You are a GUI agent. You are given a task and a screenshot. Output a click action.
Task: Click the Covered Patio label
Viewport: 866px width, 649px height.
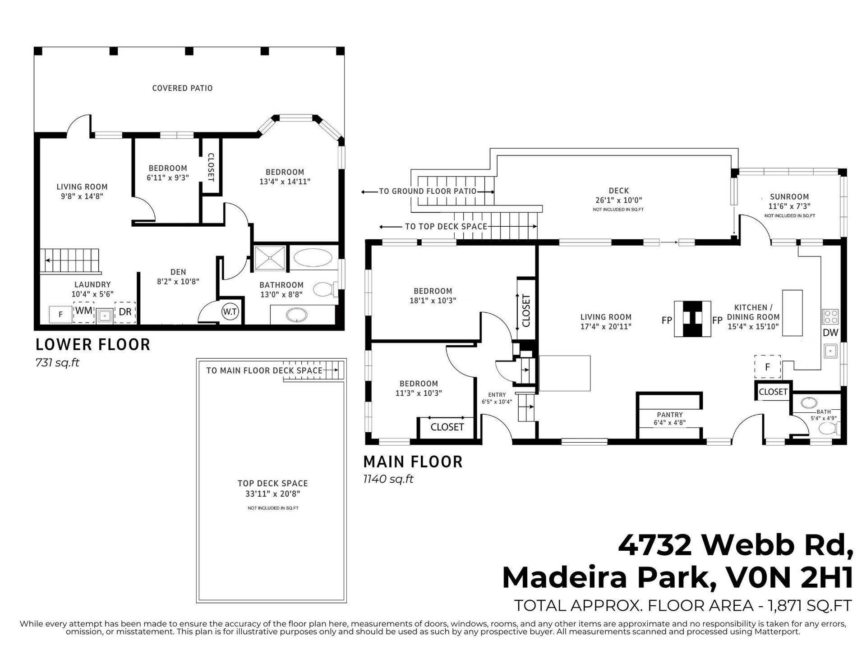click(182, 88)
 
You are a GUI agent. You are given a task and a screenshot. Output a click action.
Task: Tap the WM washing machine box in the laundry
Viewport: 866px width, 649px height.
click(84, 311)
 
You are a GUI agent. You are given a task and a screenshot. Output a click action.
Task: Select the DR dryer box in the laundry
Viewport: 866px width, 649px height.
click(125, 312)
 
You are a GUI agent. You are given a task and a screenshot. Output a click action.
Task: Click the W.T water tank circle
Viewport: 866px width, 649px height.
click(230, 312)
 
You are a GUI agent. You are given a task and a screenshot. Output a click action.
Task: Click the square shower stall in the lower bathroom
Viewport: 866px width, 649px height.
click(270, 258)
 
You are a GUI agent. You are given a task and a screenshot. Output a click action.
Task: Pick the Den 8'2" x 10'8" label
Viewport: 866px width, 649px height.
click(178, 277)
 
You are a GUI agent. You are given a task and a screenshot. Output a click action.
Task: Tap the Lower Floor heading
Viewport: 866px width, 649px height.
click(93, 345)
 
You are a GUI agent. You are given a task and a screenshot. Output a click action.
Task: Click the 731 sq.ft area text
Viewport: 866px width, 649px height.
click(57, 363)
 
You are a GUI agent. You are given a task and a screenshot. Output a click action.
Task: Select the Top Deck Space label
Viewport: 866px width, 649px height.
click(273, 484)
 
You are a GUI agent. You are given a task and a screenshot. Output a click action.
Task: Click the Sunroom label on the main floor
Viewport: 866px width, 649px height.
click(789, 197)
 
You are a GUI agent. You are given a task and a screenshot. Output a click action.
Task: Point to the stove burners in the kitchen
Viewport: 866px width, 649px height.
click(830, 317)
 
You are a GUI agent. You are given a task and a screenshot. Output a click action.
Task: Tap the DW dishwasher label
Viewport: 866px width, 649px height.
click(830, 333)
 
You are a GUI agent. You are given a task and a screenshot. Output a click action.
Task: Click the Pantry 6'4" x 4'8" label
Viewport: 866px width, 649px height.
click(670, 419)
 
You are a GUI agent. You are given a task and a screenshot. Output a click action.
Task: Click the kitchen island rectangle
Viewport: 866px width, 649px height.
click(792, 313)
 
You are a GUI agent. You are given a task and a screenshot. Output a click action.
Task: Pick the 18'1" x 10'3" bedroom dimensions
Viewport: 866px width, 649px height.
click(433, 301)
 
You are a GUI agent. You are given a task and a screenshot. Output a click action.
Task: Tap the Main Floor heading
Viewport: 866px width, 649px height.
click(413, 462)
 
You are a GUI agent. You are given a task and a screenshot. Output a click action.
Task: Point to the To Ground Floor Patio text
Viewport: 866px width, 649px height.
click(428, 191)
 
